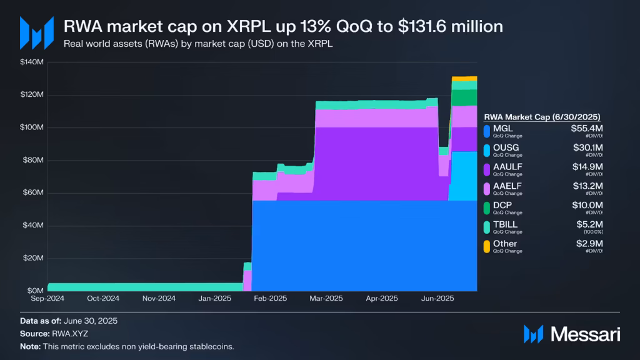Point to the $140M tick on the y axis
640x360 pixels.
32,62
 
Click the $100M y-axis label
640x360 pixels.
32,127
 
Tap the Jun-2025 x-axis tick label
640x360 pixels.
436,299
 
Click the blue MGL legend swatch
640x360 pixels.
487,131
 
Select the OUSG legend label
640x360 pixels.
506,147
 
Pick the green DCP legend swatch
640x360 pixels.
487,208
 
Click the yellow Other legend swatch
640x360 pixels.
487,247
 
